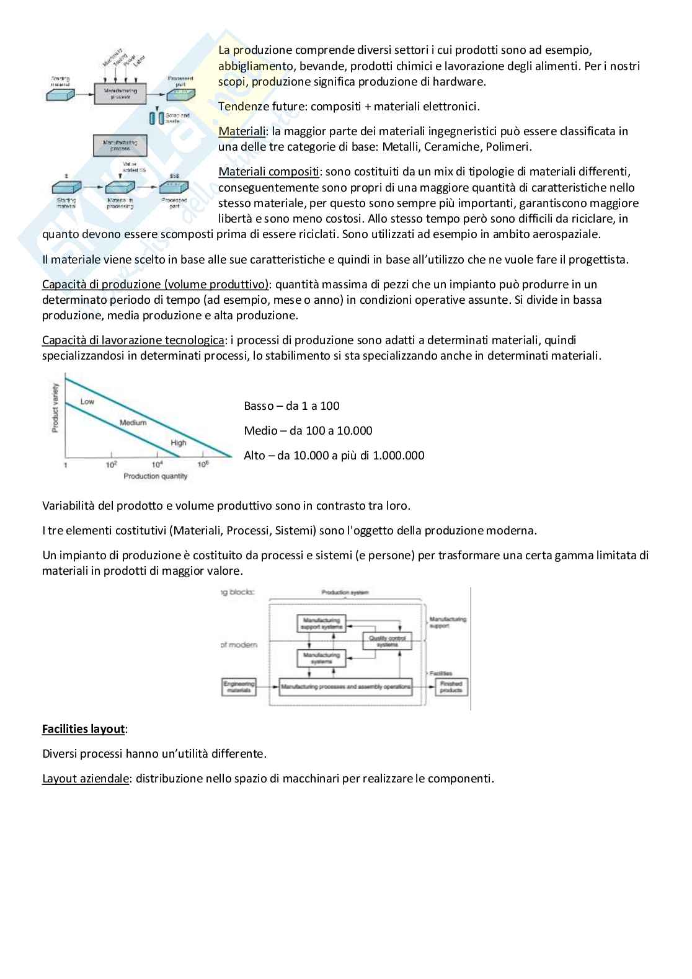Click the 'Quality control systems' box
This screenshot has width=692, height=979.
[388, 641]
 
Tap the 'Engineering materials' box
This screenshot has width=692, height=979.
[239, 687]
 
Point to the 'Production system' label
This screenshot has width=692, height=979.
[345, 593]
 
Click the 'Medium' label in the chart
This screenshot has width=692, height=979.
[133, 422]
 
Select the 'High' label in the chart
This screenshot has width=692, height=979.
[178, 443]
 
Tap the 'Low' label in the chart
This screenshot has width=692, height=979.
[87, 402]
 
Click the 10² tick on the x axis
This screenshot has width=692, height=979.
[112, 464]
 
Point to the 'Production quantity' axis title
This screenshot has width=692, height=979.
[155, 476]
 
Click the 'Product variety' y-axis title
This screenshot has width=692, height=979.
[55, 408]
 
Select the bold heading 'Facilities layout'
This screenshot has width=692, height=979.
[83, 729]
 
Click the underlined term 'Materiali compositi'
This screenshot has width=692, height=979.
[268, 172]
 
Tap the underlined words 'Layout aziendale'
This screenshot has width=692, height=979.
[86, 778]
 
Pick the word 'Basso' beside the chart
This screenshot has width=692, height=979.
[259, 406]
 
